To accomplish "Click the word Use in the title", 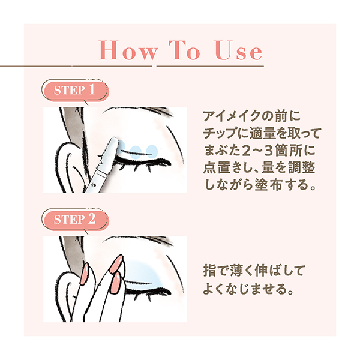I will pos(238,50).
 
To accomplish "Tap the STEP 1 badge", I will pos(75,91).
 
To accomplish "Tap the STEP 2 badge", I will pos(75,219).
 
